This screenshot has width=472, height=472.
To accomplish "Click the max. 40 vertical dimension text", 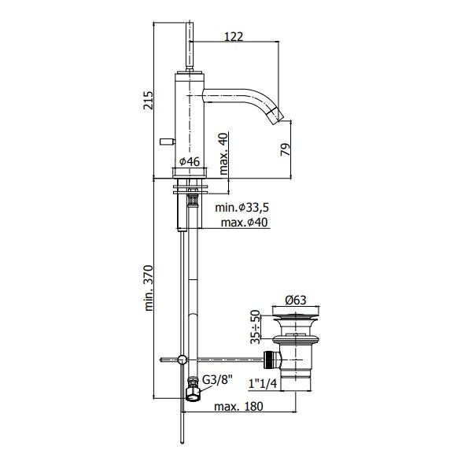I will coord(223,153).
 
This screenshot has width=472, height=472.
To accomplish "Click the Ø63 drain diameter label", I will coord(296,300).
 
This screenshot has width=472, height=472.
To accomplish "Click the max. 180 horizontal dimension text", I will coord(238,406).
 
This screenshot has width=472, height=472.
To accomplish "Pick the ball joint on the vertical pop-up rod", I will coord(183,360).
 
